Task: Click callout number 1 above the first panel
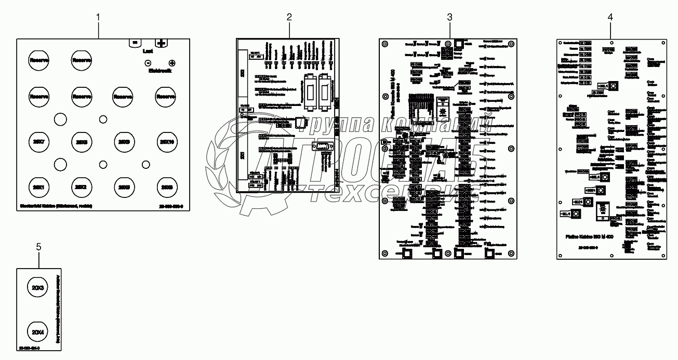(98, 17)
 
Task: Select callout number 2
(289, 17)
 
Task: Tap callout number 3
(450, 17)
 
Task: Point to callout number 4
(610, 17)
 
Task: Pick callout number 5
(38, 247)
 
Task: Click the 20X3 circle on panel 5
(38, 287)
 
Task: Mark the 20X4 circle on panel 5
(38, 331)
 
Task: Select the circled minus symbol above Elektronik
(148, 62)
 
